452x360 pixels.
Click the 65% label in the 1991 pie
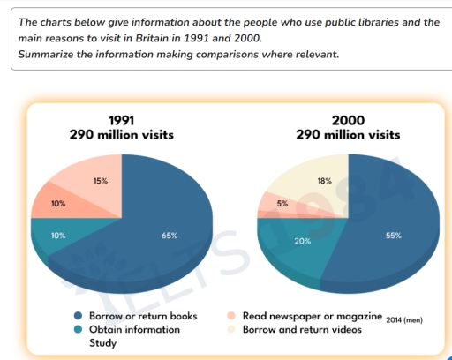(169, 236)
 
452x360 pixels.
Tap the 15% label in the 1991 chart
(101, 181)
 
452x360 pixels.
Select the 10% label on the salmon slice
(58, 204)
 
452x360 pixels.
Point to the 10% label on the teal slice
(58, 236)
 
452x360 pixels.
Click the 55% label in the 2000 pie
(394, 236)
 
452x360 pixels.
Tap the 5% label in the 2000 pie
(282, 204)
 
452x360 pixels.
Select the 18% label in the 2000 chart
(324, 181)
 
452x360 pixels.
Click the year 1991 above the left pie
(121, 120)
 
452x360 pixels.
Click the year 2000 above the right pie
(348, 120)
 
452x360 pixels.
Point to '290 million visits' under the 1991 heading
(121, 135)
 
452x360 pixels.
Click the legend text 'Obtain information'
(134, 329)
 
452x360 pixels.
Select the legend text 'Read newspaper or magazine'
(312, 316)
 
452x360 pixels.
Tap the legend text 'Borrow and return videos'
(303, 329)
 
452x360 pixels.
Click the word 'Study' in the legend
(104, 342)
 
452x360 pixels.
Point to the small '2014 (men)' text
(404, 319)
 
